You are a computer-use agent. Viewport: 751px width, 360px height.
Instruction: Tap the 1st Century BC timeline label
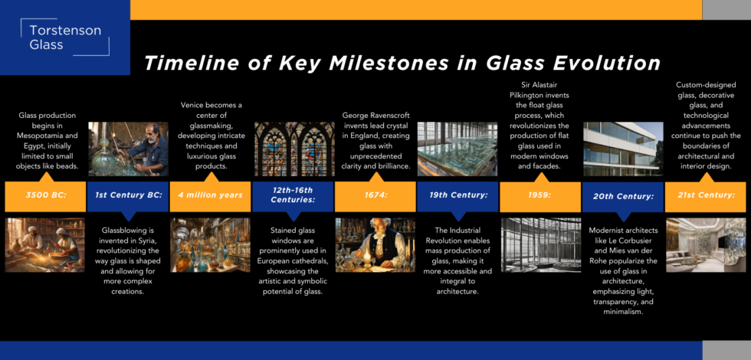(x=127, y=195)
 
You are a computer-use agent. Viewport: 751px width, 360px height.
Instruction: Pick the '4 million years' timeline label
(x=210, y=195)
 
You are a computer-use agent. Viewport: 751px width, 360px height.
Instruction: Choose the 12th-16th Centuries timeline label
(x=293, y=195)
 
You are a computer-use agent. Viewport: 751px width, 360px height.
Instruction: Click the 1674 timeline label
(x=375, y=195)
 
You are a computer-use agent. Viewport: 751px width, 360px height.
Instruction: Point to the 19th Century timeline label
(x=458, y=195)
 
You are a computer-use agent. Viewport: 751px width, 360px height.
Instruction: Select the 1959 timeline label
(x=540, y=195)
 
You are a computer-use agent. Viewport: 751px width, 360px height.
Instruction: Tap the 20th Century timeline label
(x=623, y=196)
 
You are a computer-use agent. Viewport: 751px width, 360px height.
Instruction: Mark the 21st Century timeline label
(x=705, y=195)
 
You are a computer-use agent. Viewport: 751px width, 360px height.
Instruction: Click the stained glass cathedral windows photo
(x=294, y=149)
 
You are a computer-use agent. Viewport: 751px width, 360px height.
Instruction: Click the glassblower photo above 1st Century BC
(x=128, y=149)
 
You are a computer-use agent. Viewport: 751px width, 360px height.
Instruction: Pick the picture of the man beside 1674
(x=375, y=244)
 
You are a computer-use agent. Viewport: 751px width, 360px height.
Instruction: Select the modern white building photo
(x=623, y=149)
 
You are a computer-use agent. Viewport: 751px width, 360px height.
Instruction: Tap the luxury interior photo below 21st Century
(x=705, y=244)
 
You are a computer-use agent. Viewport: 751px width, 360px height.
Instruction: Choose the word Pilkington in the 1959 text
(x=539, y=96)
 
